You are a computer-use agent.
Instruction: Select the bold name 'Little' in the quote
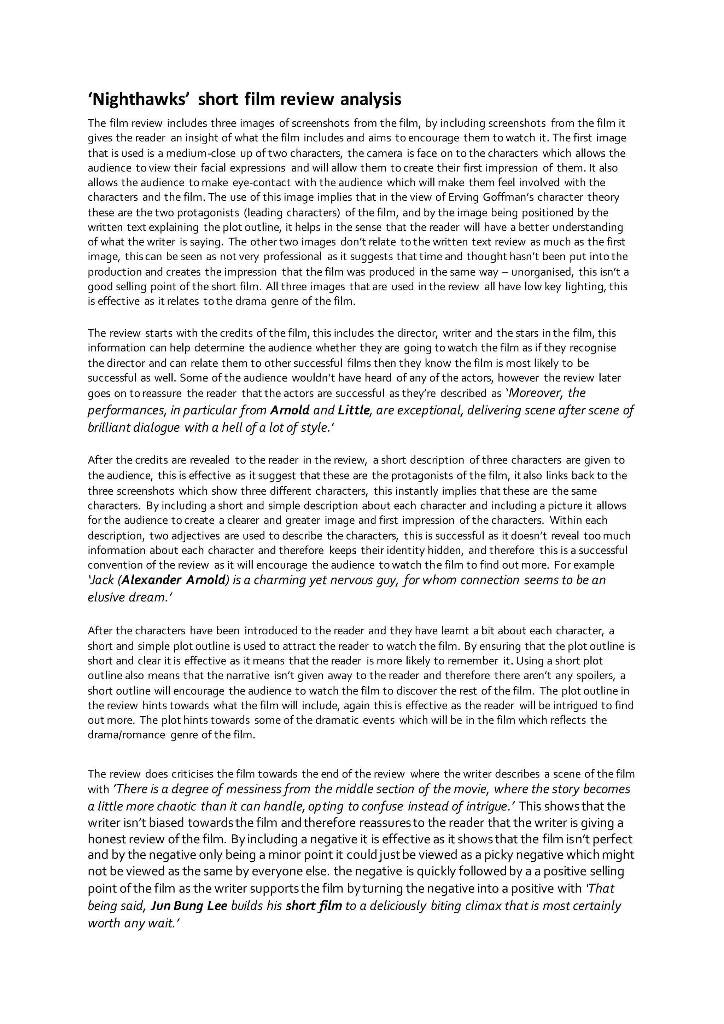354,410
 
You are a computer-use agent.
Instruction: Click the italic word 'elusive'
106,598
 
